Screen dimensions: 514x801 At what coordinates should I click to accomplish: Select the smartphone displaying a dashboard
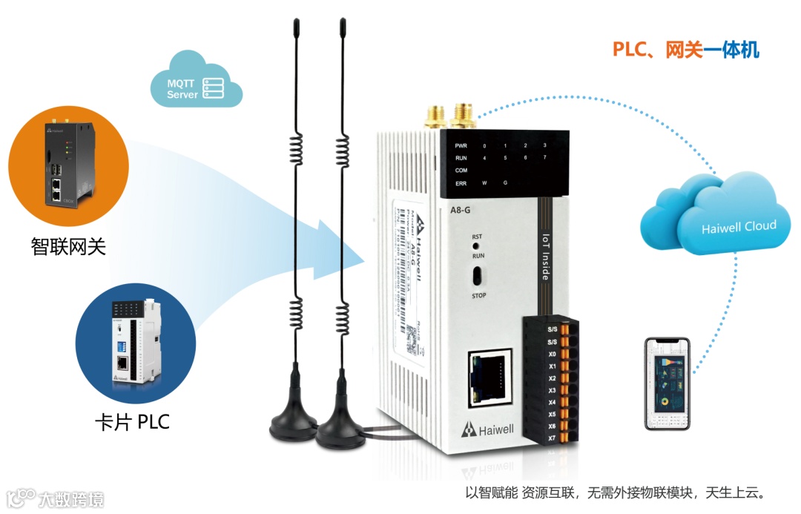click(667, 384)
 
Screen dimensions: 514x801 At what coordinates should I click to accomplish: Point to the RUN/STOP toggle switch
click(478, 276)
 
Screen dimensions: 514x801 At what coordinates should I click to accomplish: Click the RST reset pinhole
click(478, 245)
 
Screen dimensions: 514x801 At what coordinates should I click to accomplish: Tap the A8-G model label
click(461, 210)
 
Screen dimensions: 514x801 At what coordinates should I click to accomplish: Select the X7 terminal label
click(552, 438)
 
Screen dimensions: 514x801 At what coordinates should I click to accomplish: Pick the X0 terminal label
click(552, 355)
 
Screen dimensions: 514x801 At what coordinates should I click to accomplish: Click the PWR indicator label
click(461, 145)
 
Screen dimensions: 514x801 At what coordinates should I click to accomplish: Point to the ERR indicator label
click(461, 182)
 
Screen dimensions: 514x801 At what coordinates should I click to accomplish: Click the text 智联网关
click(68, 246)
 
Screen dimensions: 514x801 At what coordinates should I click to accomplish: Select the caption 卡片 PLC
click(132, 423)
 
